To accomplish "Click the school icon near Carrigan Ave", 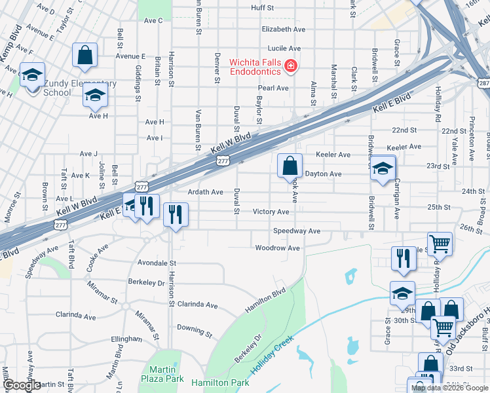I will (383, 169).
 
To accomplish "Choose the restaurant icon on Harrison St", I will (176, 214).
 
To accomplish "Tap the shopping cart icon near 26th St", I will (440, 244).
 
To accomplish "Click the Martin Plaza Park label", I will (162, 374).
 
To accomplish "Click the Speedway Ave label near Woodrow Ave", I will (296, 231).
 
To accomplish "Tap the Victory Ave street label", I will (271, 212).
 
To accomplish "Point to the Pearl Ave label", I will (273, 88).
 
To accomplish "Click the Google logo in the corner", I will (22, 386).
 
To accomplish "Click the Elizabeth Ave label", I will (283, 29).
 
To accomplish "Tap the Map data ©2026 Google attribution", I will (449, 388).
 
